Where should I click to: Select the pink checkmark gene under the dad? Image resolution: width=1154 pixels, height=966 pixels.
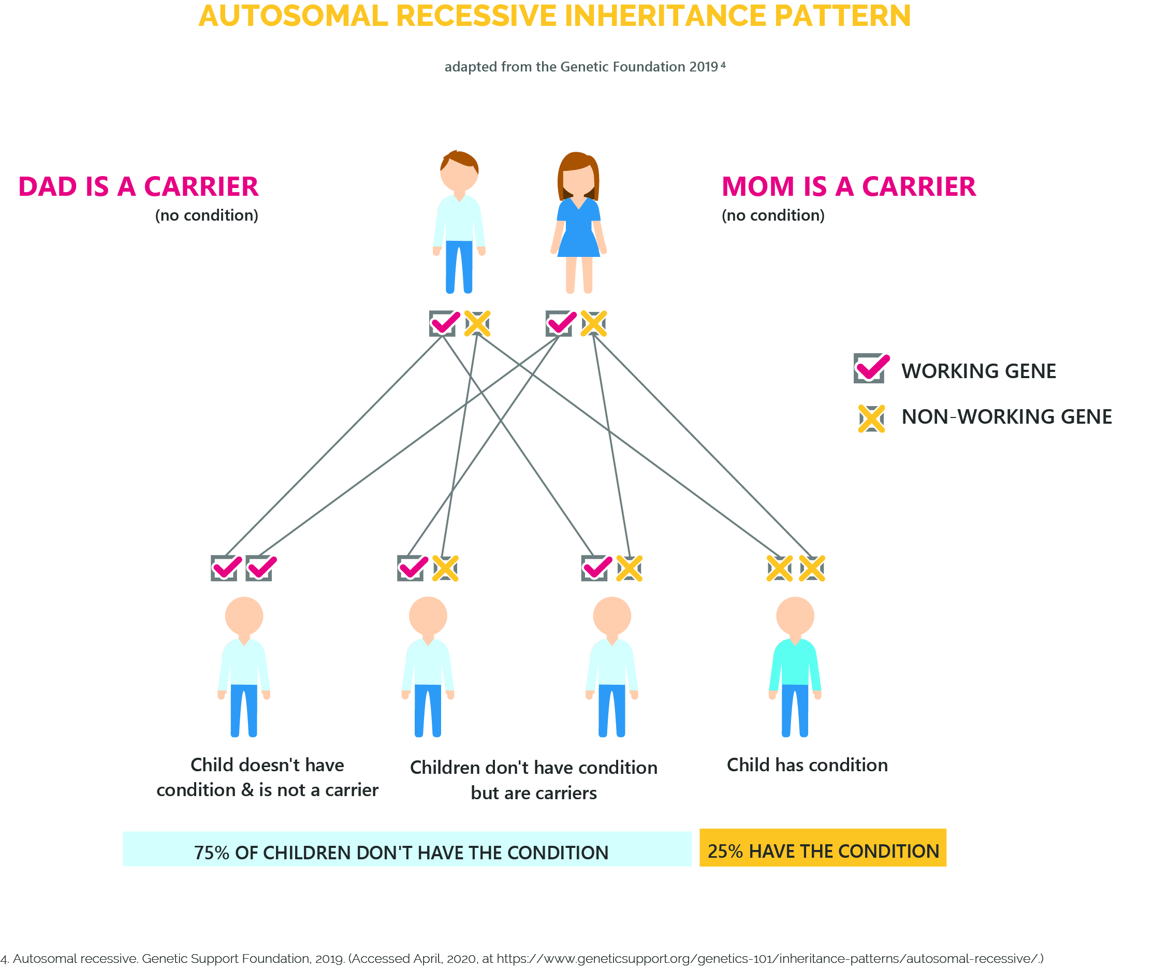(x=445, y=323)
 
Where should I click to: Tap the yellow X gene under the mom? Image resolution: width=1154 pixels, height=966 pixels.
(x=593, y=323)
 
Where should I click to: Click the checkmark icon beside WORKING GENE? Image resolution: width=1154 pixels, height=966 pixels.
(x=871, y=368)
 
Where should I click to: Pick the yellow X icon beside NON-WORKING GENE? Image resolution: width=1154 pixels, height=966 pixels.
(x=871, y=419)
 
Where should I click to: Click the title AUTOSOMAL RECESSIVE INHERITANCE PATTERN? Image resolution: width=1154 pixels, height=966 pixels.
(x=554, y=16)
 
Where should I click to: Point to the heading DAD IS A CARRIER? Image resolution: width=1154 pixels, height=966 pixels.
(x=138, y=186)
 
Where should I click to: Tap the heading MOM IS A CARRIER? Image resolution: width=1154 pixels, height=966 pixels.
(x=849, y=186)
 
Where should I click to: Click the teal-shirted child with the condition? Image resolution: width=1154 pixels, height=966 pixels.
(x=795, y=666)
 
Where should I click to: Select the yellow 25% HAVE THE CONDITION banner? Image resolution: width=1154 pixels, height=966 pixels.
(x=823, y=847)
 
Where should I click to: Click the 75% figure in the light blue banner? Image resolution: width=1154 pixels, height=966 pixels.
(x=212, y=853)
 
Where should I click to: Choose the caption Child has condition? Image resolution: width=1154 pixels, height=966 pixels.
(x=807, y=765)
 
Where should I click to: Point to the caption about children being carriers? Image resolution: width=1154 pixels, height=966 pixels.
(x=534, y=780)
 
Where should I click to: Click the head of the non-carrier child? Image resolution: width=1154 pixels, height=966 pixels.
(x=244, y=616)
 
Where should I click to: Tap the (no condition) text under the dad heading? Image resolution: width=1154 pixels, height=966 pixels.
(x=207, y=215)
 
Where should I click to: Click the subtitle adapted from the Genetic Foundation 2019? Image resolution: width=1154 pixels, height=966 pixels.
(x=585, y=66)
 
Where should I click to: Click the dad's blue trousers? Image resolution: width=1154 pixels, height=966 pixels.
(x=459, y=267)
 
